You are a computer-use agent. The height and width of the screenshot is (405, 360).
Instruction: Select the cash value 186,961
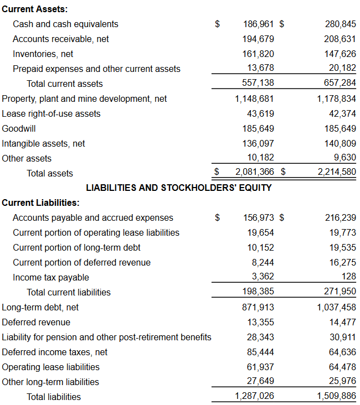click(259, 24)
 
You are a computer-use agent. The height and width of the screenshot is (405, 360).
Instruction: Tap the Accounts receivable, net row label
click(61, 39)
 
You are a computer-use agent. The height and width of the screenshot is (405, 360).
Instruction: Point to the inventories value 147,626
click(340, 54)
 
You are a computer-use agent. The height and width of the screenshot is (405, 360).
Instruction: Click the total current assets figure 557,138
click(259, 84)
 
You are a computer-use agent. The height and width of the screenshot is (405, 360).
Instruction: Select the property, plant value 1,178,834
click(336, 99)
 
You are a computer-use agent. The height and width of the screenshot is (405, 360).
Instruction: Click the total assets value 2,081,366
click(255, 173)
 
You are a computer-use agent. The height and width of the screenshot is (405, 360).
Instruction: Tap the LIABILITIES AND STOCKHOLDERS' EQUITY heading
click(179, 188)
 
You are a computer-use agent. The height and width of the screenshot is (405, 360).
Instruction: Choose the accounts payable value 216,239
click(340, 218)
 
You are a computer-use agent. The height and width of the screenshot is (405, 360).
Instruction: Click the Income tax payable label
click(51, 278)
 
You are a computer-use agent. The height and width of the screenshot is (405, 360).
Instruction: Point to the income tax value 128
click(349, 277)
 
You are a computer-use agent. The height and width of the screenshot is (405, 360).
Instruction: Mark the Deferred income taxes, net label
click(55, 352)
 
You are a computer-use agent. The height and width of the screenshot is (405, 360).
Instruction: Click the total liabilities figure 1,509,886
click(336, 396)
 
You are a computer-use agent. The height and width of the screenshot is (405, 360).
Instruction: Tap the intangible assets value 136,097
click(259, 143)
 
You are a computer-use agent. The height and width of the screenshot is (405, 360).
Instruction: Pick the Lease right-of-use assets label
click(52, 114)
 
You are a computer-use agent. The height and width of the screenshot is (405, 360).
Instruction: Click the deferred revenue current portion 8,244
click(263, 262)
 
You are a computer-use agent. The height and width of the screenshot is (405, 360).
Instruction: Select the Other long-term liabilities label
click(51, 382)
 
